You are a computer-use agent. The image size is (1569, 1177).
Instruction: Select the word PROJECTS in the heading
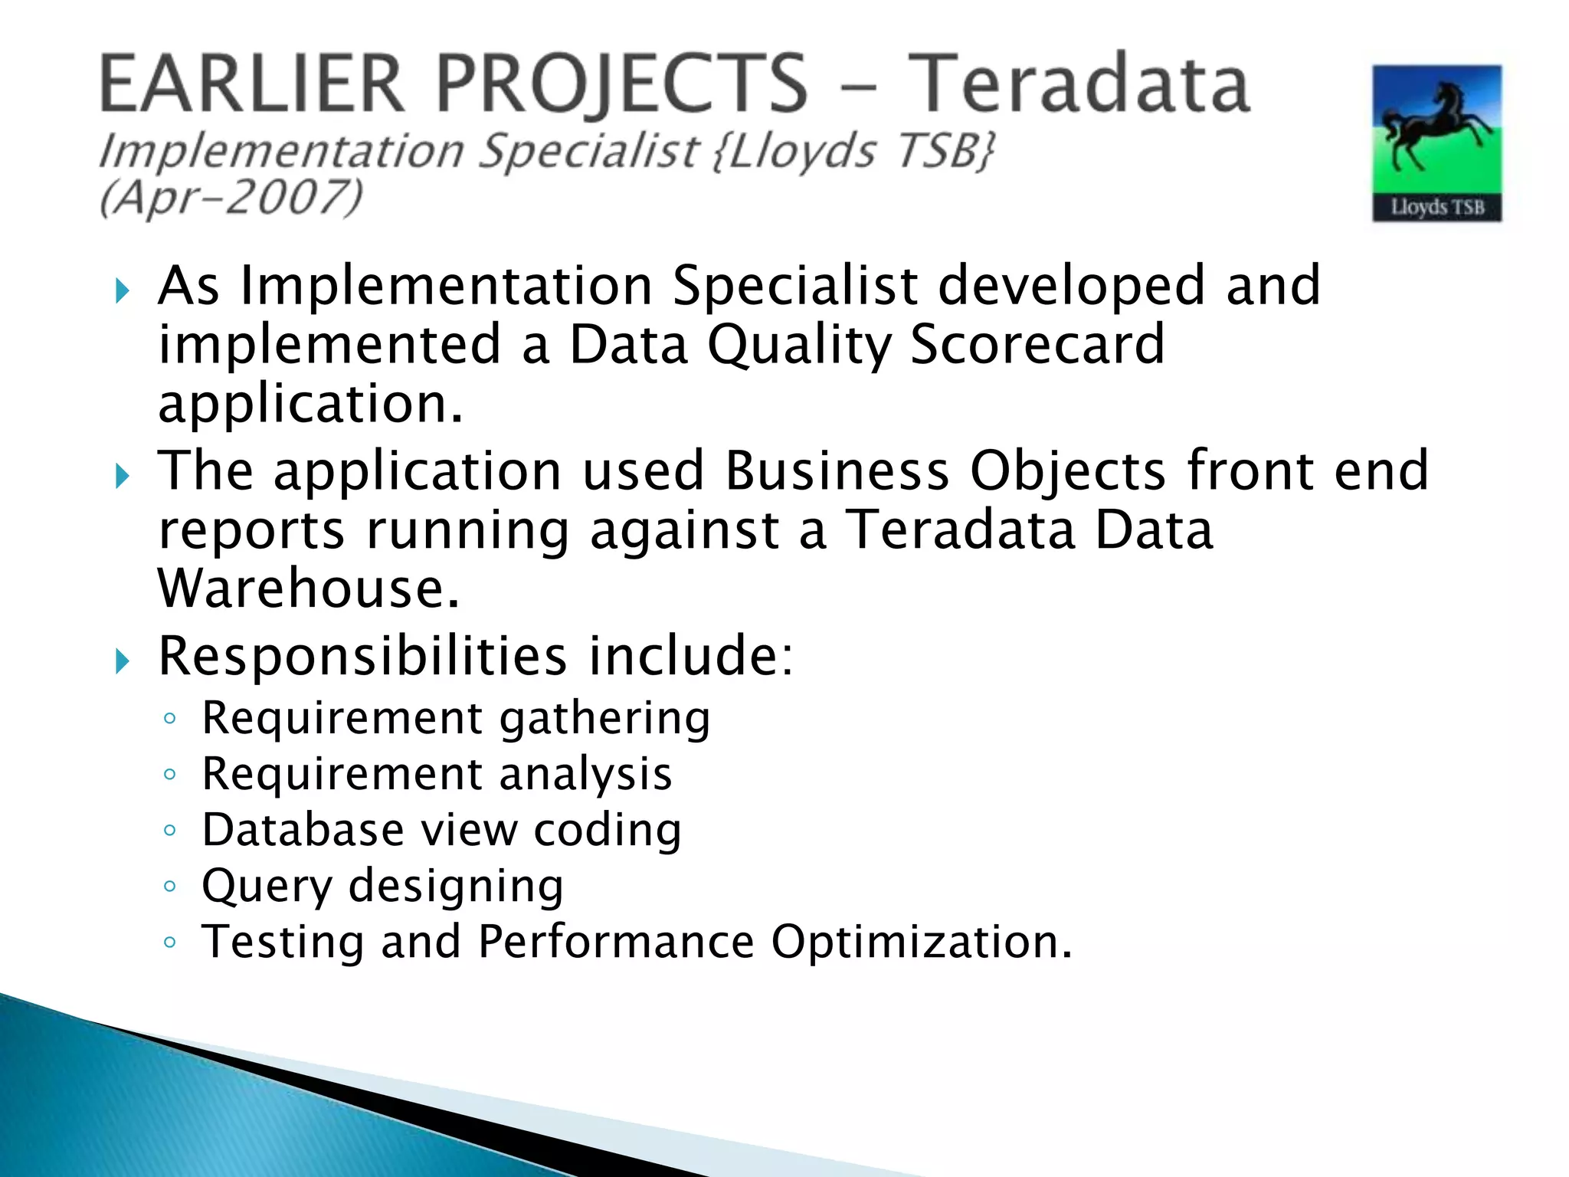[x=622, y=84]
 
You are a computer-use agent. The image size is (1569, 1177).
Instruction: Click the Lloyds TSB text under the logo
[x=1437, y=207]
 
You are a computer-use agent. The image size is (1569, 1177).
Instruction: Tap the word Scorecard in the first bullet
[x=1037, y=345]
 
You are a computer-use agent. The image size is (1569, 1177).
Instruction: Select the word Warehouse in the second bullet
[x=309, y=588]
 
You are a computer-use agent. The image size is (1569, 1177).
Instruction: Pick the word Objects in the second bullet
[x=1068, y=470]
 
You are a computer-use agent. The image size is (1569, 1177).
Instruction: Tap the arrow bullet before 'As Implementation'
[x=123, y=291]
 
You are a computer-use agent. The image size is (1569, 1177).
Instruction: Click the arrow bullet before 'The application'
[x=123, y=477]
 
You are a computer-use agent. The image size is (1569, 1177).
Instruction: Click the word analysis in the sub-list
[x=586, y=774]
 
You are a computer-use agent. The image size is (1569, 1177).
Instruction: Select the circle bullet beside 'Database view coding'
[x=170, y=830]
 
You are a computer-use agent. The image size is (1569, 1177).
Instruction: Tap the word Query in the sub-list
[x=266, y=887]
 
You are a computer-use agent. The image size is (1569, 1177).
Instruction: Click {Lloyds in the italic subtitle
[x=793, y=150]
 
